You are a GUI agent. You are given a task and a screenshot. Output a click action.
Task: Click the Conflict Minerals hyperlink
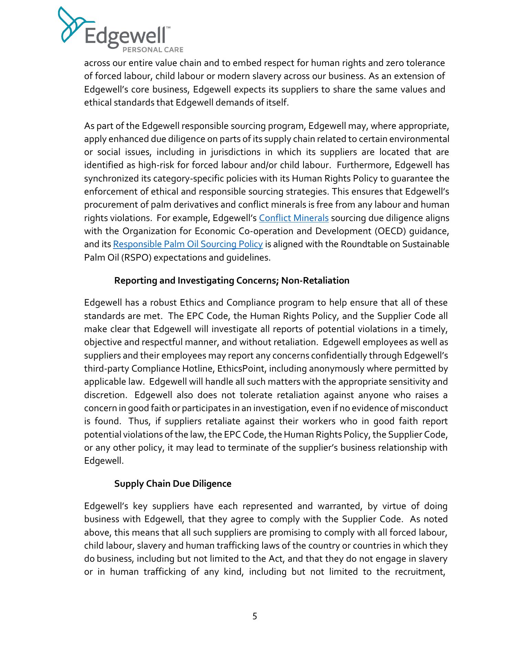point(294,218)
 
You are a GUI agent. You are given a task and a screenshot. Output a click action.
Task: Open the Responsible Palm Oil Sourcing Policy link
point(188,244)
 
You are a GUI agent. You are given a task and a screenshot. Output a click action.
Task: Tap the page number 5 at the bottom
point(255,616)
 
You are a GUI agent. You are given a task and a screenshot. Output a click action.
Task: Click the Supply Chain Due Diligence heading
point(173,484)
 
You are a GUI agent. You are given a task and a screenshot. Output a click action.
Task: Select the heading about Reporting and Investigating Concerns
point(232,280)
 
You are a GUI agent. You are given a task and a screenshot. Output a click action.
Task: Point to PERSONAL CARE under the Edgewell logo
point(153,50)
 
